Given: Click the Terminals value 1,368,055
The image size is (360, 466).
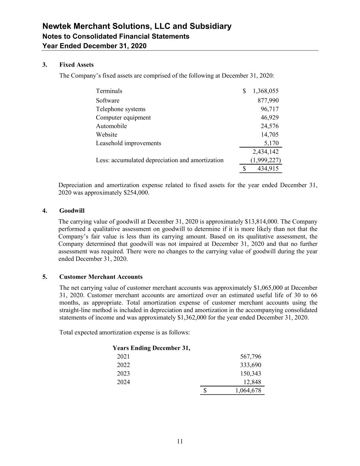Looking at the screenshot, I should point(265,91).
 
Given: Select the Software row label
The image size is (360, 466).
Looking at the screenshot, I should point(107,101).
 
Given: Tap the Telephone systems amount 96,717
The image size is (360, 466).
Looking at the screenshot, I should point(270,109).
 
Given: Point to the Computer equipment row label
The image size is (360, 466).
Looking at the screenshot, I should point(123,118).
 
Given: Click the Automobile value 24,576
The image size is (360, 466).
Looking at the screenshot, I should point(270,126).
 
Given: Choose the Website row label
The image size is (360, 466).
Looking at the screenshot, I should point(106,135).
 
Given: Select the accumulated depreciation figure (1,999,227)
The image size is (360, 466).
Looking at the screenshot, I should point(265,160).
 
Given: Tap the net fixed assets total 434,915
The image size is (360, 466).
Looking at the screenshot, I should point(268,169).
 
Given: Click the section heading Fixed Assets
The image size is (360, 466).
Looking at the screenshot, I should point(76,65).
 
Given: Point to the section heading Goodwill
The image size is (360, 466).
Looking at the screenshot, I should point(72,211).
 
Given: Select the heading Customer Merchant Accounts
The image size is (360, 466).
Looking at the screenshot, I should point(101,277).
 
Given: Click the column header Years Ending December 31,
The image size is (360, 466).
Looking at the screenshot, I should point(152,348).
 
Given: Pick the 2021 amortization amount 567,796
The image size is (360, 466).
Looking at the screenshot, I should point(251,357).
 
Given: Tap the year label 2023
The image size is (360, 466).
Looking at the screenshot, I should point(123,374).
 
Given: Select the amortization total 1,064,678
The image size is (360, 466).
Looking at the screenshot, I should point(248,391).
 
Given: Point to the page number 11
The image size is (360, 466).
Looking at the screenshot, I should point(180,442).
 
